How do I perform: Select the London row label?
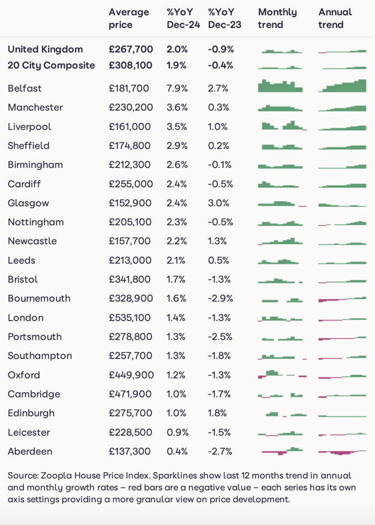26,318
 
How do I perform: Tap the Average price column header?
129,18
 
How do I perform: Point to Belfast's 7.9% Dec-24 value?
177,88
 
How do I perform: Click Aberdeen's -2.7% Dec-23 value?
220,452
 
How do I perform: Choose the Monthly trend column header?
277,18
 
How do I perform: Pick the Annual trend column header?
335,18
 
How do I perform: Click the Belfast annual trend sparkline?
342,86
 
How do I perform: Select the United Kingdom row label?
46,49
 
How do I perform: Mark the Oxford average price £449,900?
131,375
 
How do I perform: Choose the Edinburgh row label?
31,413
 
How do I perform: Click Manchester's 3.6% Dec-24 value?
177,108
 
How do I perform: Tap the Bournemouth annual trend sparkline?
342,299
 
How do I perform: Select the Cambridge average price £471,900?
130,395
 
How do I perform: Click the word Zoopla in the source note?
55,476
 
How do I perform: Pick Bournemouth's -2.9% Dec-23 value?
220,299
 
